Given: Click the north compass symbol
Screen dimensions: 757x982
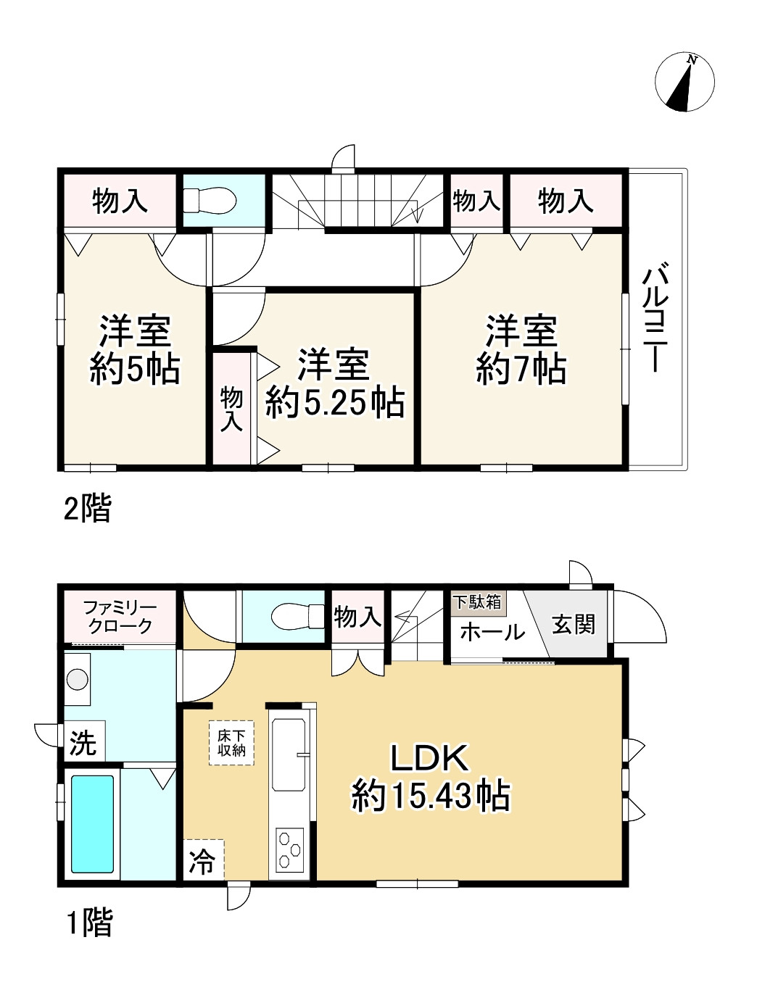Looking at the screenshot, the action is point(684,83).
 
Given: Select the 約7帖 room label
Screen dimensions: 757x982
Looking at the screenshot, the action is point(521,370).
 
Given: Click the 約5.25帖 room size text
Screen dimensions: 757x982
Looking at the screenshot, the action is point(334,403).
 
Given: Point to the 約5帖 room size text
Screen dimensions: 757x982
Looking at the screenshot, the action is point(135,370).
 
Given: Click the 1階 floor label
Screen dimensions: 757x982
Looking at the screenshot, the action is point(89,923).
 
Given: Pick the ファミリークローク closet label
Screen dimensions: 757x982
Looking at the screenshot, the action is point(120,617).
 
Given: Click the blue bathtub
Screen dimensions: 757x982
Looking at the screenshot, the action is point(92,824).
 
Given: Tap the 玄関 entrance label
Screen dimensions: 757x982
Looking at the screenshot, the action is point(574,625).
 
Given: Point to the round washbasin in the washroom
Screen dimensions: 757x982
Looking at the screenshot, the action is point(78,679).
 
